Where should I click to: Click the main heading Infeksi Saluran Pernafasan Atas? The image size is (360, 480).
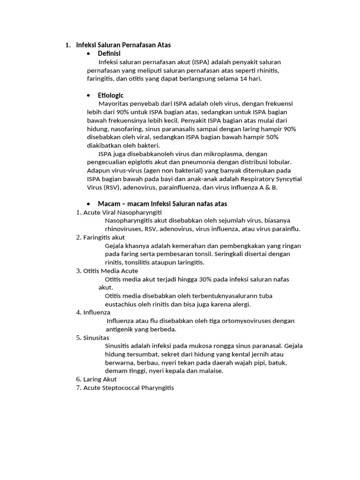coord(123,45)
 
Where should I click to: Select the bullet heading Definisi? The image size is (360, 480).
coord(109,53)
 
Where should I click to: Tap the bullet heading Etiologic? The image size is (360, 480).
coord(111,95)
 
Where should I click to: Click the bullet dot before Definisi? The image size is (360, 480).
coord(89,54)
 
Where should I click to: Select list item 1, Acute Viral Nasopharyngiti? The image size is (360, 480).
coord(122,212)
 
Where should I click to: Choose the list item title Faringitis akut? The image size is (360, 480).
coord(104,238)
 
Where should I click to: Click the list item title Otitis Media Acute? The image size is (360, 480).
coord(111,271)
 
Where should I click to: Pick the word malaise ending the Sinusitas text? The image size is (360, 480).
coord(211,371)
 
